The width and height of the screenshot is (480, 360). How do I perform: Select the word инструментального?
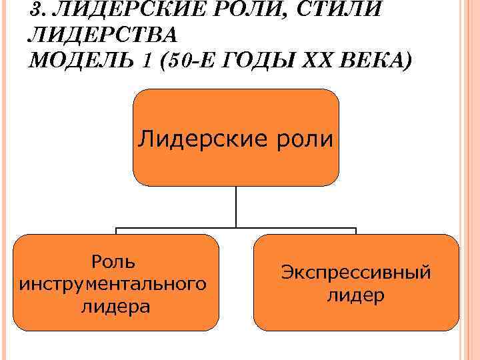pyautogui.click(x=113, y=284)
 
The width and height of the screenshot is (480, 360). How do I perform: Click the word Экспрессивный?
pyautogui.click(x=355, y=272)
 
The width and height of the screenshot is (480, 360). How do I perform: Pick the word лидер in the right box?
pyautogui.click(x=355, y=295)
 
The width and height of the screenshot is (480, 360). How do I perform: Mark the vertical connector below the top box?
pyautogui.click(x=236, y=207)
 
